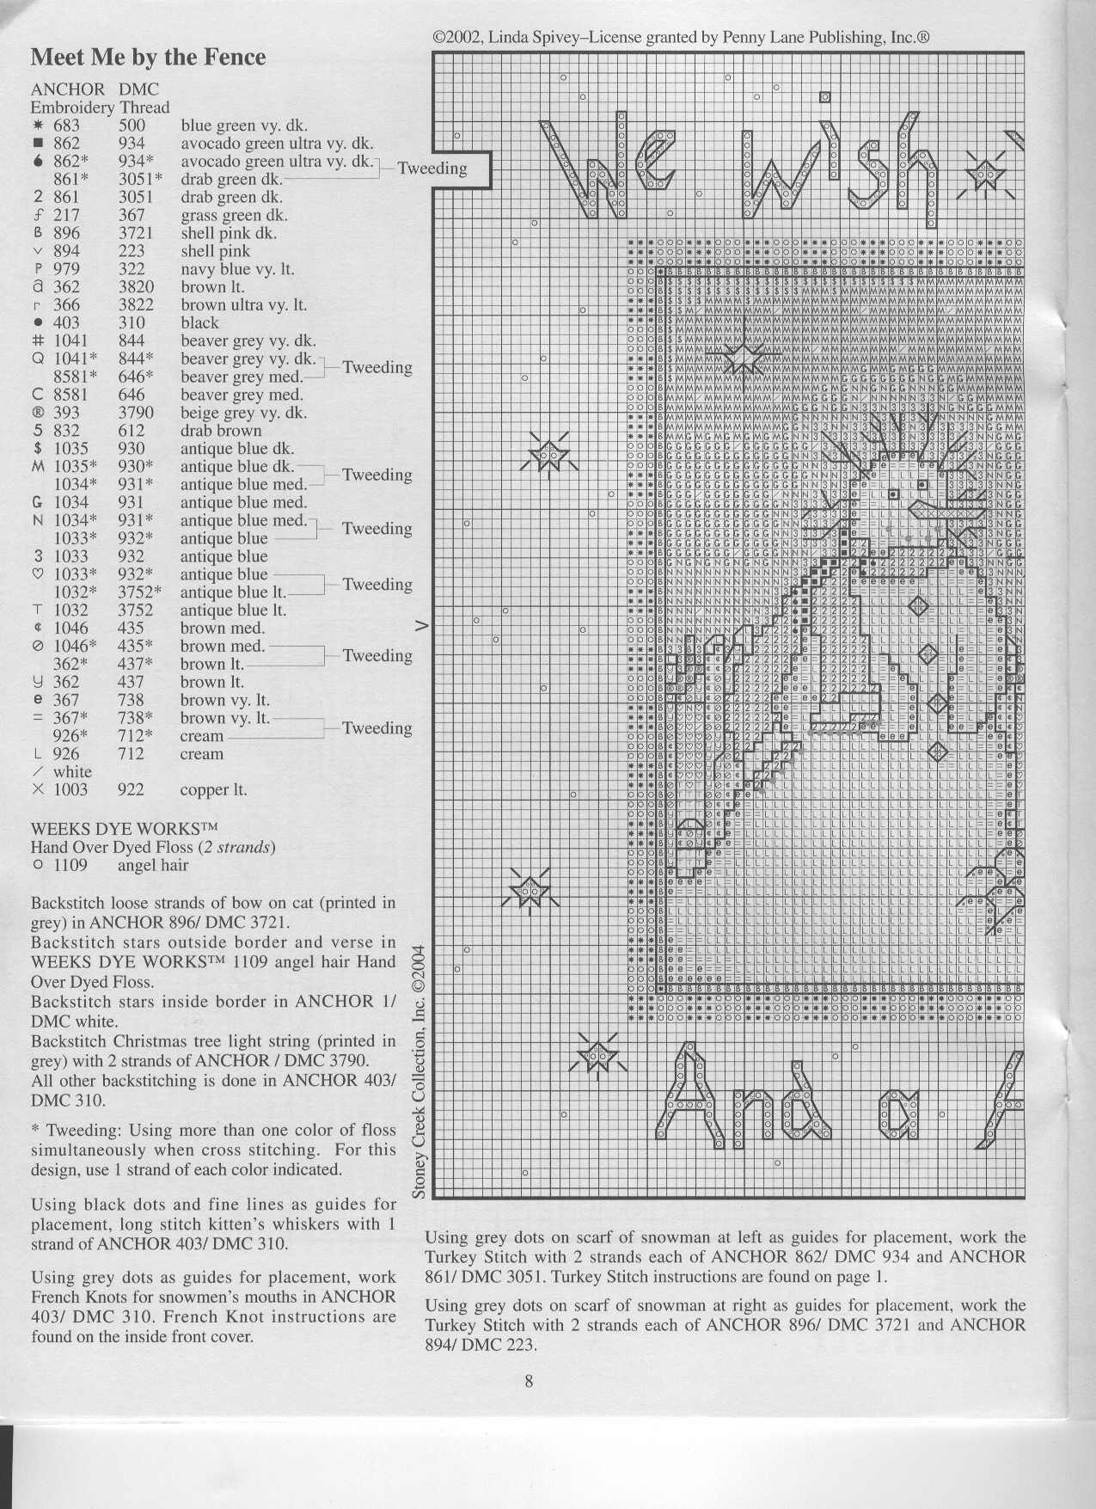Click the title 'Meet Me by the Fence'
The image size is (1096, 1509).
[148, 58]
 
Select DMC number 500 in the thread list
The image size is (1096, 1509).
[132, 126]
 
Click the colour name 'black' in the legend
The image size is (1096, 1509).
[199, 323]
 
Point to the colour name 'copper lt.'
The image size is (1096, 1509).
[213, 789]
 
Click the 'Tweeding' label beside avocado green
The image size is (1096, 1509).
[432, 169]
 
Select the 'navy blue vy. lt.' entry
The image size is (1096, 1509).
[237, 269]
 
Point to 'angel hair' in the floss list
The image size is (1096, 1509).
[152, 865]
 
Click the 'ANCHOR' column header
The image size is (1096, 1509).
[68, 89]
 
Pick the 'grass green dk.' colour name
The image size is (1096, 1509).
[234, 216]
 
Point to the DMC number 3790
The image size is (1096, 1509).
[136, 413]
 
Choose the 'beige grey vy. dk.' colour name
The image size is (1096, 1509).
[243, 413]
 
